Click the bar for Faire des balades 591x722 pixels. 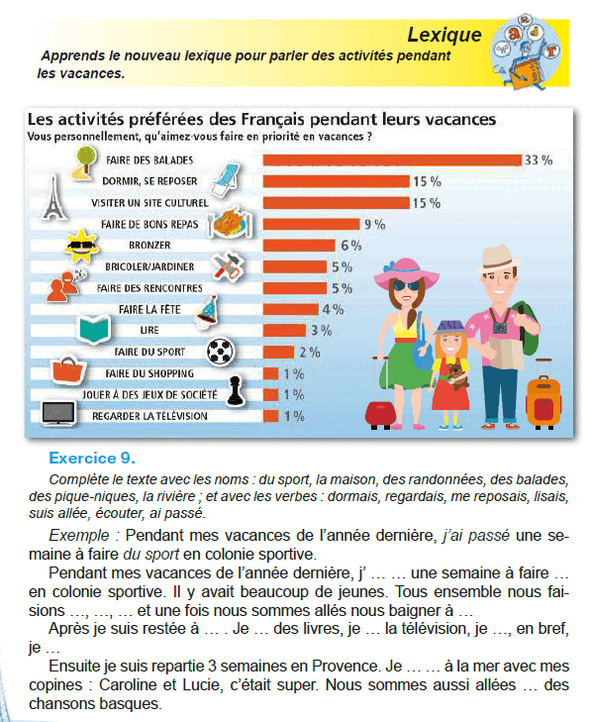tap(393, 159)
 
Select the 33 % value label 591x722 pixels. tap(539, 159)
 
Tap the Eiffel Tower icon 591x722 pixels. tap(54, 197)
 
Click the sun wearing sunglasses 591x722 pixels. tap(80, 246)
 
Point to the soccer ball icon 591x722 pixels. tap(221, 352)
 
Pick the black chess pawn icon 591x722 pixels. tap(236, 391)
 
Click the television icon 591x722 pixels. tap(58, 413)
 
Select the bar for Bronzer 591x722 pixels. tap(299, 246)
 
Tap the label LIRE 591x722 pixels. tap(149, 330)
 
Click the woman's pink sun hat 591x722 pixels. tap(406, 271)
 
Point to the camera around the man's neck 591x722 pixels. tap(500, 328)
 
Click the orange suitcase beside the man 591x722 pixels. tap(543, 399)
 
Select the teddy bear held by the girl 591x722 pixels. tap(457, 375)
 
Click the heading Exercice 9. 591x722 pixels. tap(92, 459)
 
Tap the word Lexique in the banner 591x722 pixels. tap(444, 35)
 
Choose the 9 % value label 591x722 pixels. tap(374, 224)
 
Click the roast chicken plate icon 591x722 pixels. tap(231, 223)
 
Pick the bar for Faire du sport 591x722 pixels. tap(278, 353)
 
